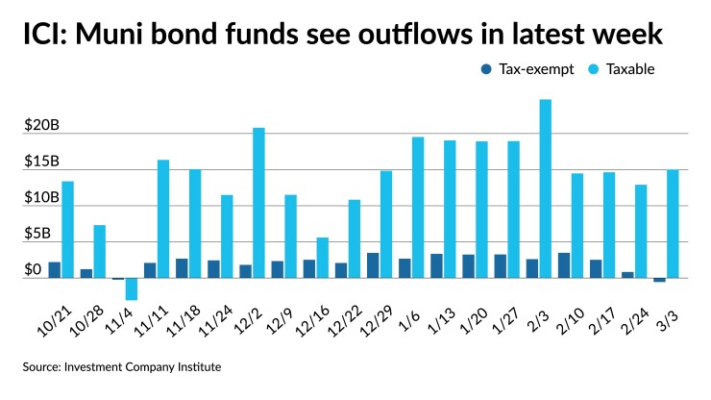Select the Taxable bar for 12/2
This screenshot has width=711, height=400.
(258, 203)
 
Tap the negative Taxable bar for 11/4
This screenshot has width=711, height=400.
(132, 289)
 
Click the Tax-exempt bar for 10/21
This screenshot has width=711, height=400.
(55, 270)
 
